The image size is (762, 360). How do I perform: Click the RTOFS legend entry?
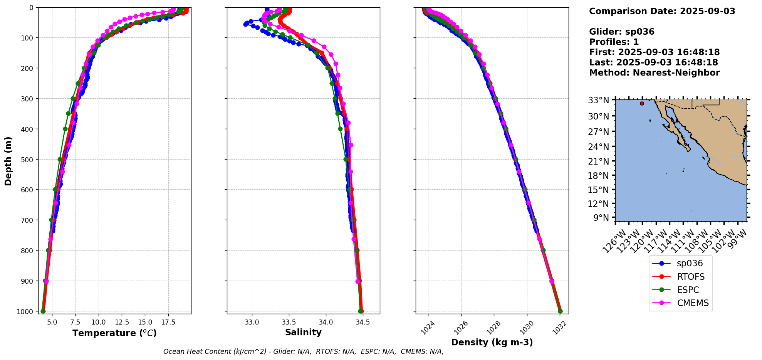[x=690, y=277]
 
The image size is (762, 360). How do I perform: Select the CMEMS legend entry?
[x=692, y=303]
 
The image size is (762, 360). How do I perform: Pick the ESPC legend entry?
[x=688, y=290]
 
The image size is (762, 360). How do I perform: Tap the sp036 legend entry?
[x=690, y=264]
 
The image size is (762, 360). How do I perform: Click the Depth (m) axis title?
[x=8, y=161]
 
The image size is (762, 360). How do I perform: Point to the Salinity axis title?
[x=303, y=332]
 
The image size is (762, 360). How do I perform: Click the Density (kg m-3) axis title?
[x=492, y=342]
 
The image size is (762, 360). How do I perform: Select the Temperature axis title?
[x=114, y=333]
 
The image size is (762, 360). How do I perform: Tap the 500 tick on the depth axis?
[x=26, y=159]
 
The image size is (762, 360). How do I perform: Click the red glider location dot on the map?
[x=642, y=103]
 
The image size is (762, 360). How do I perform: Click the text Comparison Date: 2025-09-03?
[x=662, y=11]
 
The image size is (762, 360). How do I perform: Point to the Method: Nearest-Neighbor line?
[x=654, y=73]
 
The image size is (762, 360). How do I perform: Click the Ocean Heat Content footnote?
[x=303, y=352]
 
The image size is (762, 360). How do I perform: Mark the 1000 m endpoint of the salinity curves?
[x=361, y=311]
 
